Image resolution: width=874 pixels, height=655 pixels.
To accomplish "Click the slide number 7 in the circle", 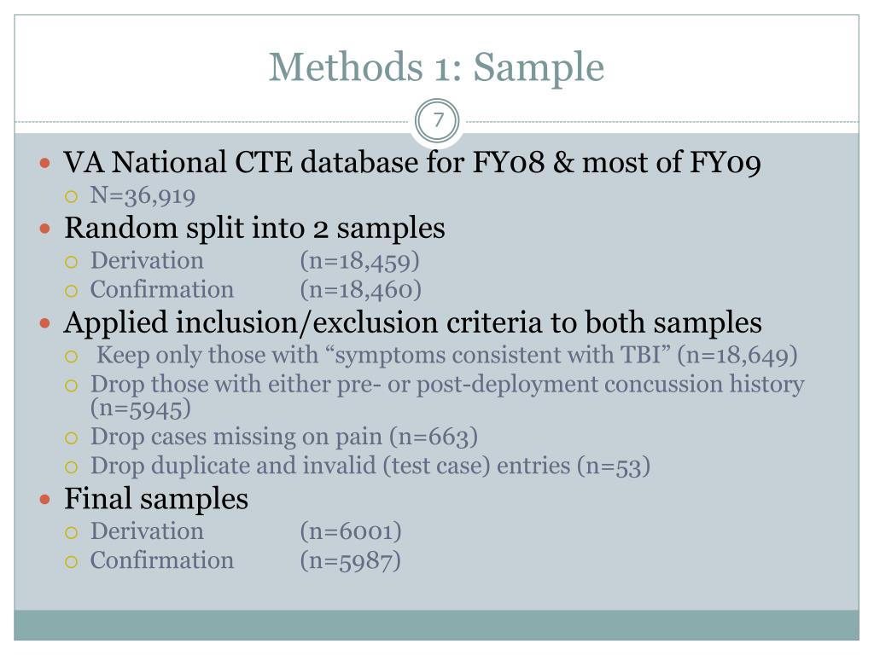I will click(x=438, y=120).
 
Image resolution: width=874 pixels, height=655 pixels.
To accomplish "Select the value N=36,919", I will click(x=143, y=197).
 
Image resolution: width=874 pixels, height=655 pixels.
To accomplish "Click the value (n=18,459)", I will click(x=360, y=261).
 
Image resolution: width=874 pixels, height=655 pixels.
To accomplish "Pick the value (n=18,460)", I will click(x=360, y=290).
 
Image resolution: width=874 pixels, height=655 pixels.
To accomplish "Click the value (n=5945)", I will click(x=141, y=409).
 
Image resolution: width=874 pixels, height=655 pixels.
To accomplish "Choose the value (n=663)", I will click(x=434, y=438).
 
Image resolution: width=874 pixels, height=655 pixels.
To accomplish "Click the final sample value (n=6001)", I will click(x=351, y=531).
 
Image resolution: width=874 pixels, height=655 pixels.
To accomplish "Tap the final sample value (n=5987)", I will click(x=351, y=560).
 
